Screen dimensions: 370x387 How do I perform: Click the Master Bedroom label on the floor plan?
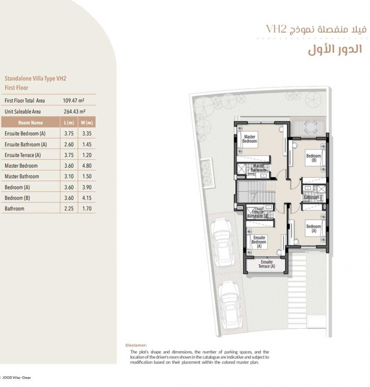tap(249, 139)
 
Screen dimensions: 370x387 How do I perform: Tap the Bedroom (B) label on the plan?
tap(314, 158)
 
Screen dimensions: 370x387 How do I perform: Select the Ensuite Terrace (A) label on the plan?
tap(266, 264)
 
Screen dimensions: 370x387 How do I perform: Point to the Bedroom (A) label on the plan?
tap(314, 229)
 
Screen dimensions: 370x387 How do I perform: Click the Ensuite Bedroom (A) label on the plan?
tap(259, 242)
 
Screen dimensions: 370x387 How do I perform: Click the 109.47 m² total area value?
tap(74, 101)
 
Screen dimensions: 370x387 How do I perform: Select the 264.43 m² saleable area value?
tap(74, 112)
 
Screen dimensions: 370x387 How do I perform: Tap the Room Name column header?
tap(30, 123)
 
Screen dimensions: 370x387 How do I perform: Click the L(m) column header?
tap(69, 123)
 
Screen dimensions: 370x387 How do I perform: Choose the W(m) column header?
tap(87, 123)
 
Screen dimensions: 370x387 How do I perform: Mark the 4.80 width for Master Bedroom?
tap(87, 165)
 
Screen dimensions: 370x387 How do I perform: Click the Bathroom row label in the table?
tap(15, 209)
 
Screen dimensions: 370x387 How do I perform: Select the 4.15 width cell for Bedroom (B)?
tap(87, 198)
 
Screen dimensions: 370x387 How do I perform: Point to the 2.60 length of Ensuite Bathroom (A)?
tap(69, 144)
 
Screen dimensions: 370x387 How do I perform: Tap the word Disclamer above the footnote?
tap(136, 345)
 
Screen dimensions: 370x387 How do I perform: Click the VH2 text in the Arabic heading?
tap(276, 29)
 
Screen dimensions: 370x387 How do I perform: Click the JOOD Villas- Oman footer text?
tap(17, 378)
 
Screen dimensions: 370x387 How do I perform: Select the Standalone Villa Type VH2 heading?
tap(35, 79)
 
